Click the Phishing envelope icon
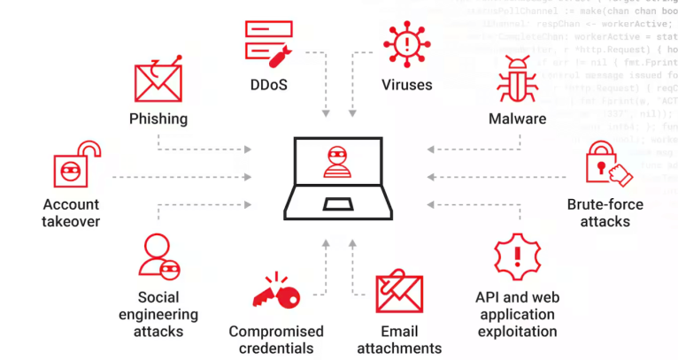tap(158, 80)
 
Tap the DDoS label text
tap(271, 86)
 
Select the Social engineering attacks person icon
tap(160, 257)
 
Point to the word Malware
tap(517, 119)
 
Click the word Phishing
tap(158, 119)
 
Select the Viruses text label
tap(406, 86)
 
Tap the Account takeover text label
tap(71, 212)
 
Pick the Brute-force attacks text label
tap(605, 212)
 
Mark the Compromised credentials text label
tap(276, 340)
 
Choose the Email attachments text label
tap(398, 340)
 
